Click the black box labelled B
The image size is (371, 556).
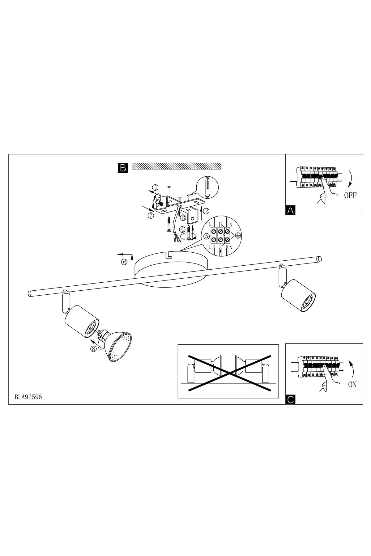click(123, 168)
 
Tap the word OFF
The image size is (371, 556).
click(350, 196)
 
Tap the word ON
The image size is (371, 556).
click(352, 385)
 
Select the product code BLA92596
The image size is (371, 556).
click(28, 397)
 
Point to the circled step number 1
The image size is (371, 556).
click(156, 187)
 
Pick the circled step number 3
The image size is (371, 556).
click(183, 218)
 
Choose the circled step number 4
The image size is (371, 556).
click(183, 230)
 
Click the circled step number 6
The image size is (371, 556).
click(124, 262)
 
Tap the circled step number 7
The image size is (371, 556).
click(150, 216)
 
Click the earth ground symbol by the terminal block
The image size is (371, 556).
click(237, 236)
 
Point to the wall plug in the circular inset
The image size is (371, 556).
click(207, 188)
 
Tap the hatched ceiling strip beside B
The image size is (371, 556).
click(177, 166)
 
